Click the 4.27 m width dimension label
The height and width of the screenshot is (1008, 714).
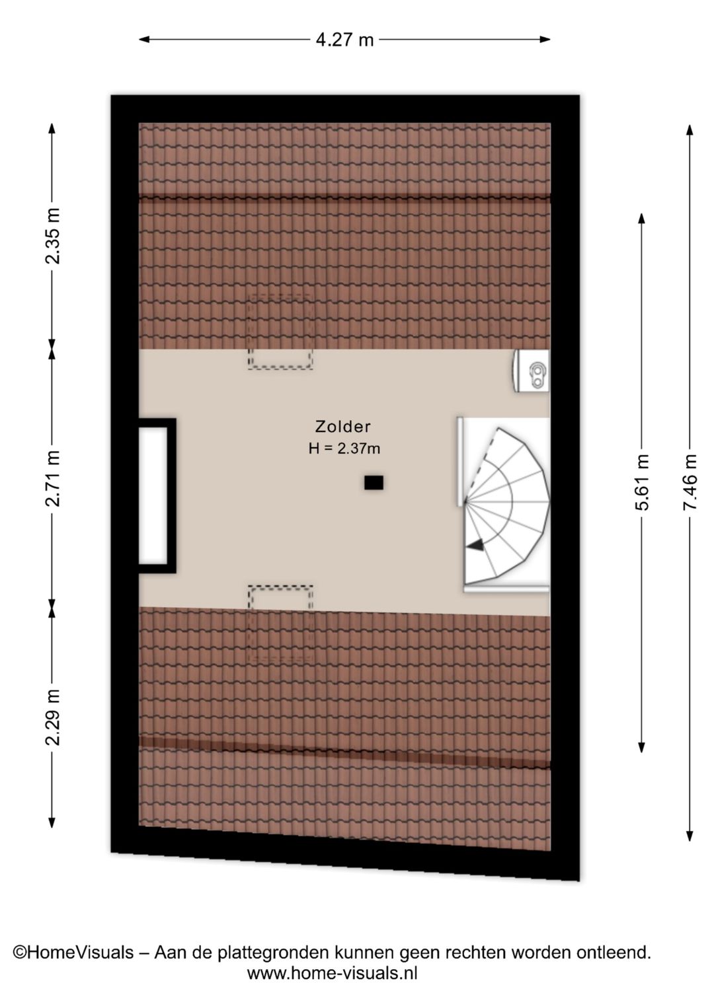click(344, 40)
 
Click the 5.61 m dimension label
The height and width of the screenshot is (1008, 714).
click(642, 482)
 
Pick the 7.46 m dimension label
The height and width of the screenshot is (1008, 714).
click(690, 482)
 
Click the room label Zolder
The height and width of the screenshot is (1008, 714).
click(343, 425)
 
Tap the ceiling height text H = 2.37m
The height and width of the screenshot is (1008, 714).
click(344, 449)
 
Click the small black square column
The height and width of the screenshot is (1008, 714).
click(374, 482)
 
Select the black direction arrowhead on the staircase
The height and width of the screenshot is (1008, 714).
click(475, 545)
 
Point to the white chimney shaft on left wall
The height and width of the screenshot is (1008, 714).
click(153, 495)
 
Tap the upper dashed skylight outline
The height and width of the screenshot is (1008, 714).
click(280, 332)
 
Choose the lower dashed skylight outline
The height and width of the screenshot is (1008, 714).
click(280, 624)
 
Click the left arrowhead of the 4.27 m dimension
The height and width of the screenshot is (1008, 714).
click(144, 40)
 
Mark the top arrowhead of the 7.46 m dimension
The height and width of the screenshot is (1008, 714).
click(690, 129)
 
